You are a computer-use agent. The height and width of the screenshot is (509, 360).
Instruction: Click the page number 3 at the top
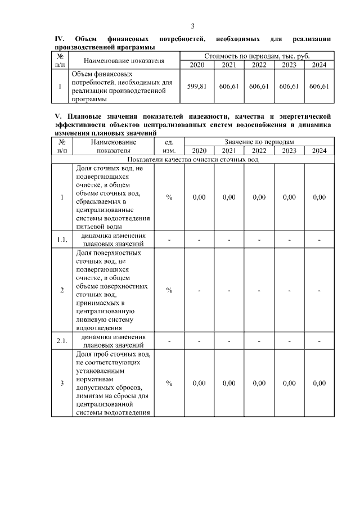[x=192, y=26]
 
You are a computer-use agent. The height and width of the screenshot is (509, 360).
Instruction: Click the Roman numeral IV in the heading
[x=59, y=39]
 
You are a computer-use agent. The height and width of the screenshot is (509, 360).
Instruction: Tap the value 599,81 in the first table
[x=197, y=87]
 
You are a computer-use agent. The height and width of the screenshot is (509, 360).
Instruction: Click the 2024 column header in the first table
[x=319, y=66]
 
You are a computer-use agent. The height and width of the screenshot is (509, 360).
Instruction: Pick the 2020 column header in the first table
[x=197, y=66]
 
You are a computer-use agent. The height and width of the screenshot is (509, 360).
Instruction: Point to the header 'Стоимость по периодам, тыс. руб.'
[x=258, y=57]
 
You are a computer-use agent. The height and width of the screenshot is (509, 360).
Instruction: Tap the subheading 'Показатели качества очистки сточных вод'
[x=192, y=159]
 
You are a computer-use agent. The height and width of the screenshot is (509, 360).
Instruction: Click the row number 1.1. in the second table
[x=62, y=240]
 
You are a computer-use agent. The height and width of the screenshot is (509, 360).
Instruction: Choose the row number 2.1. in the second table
[x=62, y=341]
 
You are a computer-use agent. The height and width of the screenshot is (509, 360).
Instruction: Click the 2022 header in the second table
[x=259, y=151]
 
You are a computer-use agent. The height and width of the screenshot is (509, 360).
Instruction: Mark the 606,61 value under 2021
[x=228, y=87]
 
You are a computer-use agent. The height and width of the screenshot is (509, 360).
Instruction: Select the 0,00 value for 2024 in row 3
[x=319, y=384]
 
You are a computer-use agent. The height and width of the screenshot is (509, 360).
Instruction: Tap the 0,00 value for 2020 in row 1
[x=199, y=197]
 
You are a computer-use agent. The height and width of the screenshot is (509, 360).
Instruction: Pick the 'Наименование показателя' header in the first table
[x=124, y=61]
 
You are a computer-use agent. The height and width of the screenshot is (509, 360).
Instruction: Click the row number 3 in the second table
[x=62, y=384]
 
